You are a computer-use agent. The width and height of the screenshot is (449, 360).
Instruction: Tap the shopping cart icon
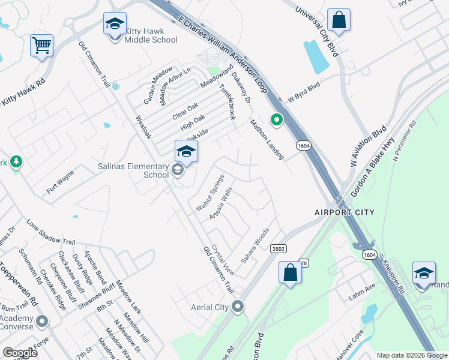pyautogui.click(x=41, y=46)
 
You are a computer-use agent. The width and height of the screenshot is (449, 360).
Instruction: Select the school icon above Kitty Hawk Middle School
pyautogui.click(x=115, y=24)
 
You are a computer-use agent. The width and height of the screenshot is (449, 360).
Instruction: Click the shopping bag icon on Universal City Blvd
pyautogui.click(x=339, y=20)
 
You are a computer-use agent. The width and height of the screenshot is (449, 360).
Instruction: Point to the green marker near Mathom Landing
pyautogui.click(x=276, y=121)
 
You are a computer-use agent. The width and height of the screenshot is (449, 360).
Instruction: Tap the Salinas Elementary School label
pyautogui.click(x=133, y=170)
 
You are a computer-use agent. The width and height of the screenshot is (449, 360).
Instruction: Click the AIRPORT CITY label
pyautogui.click(x=345, y=212)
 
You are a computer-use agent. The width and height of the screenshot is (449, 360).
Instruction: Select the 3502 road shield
pyautogui.click(x=277, y=248)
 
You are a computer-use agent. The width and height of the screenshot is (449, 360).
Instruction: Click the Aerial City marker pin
pyautogui.click(x=238, y=307)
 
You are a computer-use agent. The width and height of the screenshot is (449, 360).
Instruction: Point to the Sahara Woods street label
pyautogui.click(x=255, y=245)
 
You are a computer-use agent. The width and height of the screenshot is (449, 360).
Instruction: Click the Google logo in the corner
pyautogui.click(x=20, y=352)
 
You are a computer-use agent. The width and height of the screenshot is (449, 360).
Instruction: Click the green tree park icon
pyautogui.click(x=16, y=162)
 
